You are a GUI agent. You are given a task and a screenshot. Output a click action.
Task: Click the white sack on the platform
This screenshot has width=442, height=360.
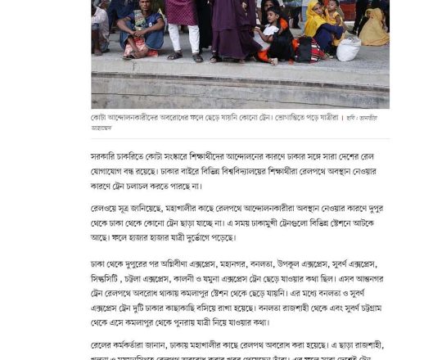coord(348,49)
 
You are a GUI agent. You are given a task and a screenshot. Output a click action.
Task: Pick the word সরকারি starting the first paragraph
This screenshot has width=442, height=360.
coord(105,155)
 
